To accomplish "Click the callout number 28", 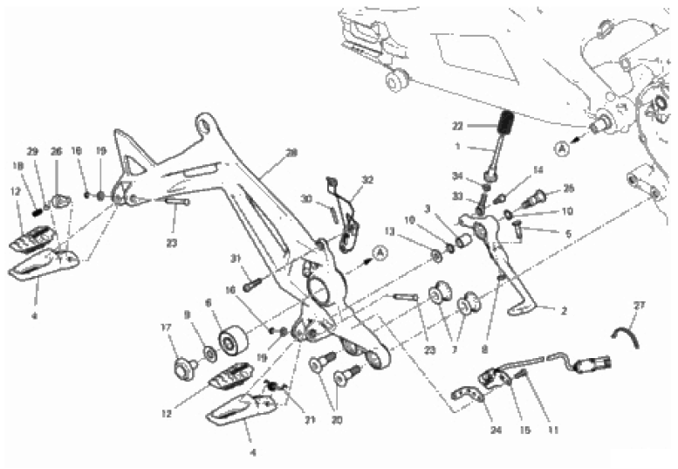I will (x=291, y=152).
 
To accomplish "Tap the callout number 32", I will (x=367, y=180).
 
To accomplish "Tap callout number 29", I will (x=32, y=152).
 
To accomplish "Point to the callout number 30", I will (x=307, y=197).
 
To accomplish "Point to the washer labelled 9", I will (x=210, y=354).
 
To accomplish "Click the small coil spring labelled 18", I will (x=38, y=210).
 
